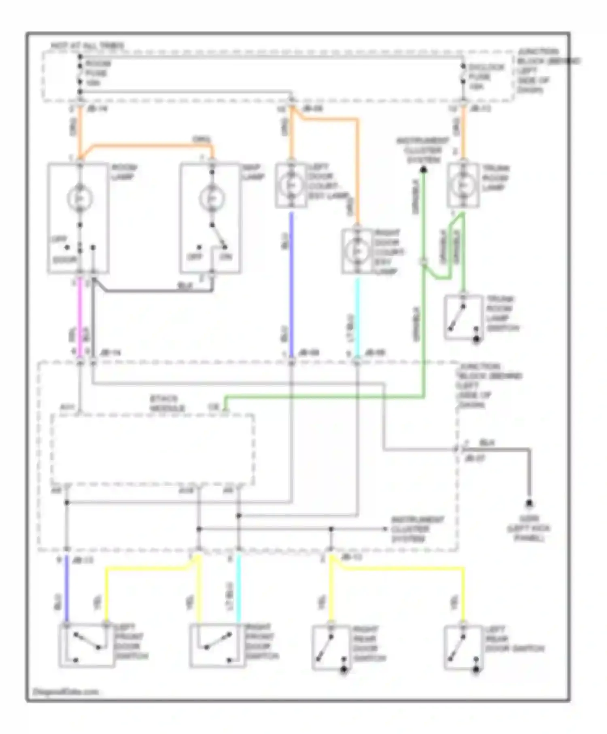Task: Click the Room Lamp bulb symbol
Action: pos(80,198)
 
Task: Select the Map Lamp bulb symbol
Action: pos(212,198)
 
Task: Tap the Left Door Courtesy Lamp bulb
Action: pos(291,185)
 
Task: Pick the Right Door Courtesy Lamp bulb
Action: pos(357,251)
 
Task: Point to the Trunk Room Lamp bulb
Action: pos(463,185)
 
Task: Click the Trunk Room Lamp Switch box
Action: pos(463,317)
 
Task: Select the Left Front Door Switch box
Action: pos(86,645)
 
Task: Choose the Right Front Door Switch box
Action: pos(218,645)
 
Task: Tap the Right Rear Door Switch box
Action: pos(331,648)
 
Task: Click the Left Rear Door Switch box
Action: pos(463,648)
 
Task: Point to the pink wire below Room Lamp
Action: pos(80,316)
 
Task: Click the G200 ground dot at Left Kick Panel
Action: pos(529,503)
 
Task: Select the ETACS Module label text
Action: pos(167,403)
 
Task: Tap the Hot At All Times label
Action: pos(87,46)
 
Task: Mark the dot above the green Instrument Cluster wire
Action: pos(423,170)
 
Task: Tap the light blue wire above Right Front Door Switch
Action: pos(238,587)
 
